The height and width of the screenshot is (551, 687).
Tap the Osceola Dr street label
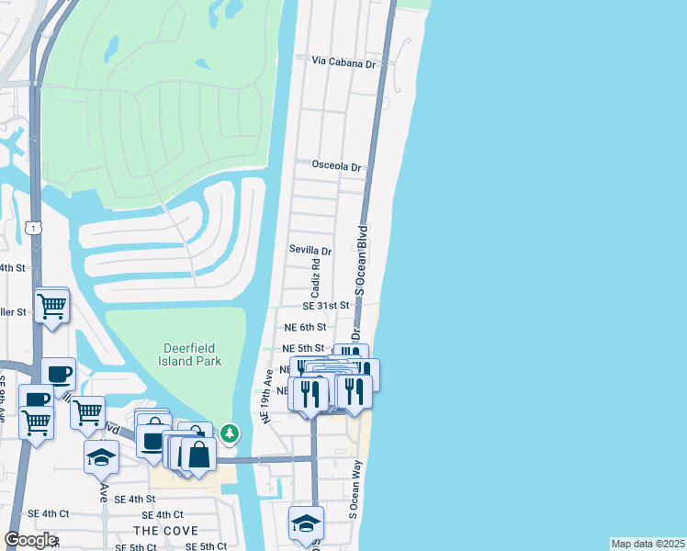pos(337,167)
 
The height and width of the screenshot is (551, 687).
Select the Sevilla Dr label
pos(310,250)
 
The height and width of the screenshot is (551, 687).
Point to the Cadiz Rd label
pos(316,275)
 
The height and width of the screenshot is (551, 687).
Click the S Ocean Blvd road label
pos(361,260)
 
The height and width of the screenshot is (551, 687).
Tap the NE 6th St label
pos(305,327)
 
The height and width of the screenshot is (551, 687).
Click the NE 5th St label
pos(303,349)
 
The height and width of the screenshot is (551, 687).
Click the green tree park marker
pos(230,432)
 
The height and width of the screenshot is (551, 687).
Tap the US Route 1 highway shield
pos(34,227)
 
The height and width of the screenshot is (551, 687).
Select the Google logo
pos(30,540)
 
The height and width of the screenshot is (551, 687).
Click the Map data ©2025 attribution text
pos(648,544)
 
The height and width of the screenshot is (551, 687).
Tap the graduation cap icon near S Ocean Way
pos(306,523)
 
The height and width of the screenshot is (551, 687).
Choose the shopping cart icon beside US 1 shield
pos(52,304)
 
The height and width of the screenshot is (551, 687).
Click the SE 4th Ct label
pos(163,514)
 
